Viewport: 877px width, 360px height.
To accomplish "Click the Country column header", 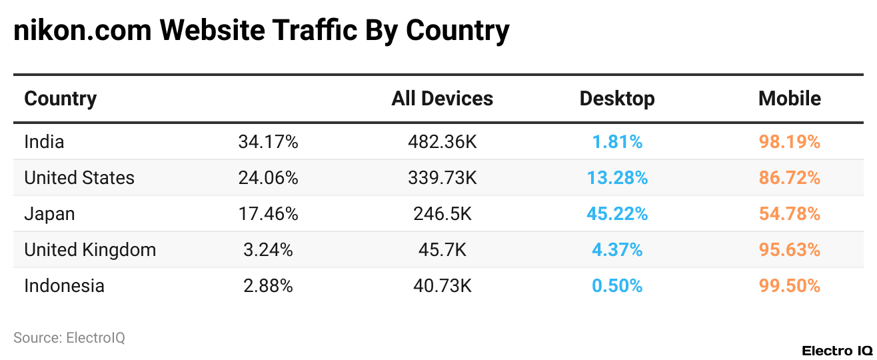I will coord(61,99).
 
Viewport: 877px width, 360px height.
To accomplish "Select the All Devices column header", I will coord(442,99).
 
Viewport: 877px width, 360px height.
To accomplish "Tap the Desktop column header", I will coord(616,99).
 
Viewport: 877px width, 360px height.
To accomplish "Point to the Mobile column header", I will coord(789,99).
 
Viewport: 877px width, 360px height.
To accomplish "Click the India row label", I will coord(44,142).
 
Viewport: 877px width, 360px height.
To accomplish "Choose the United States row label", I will coord(79,178).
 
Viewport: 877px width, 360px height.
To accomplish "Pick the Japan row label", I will coord(49,214).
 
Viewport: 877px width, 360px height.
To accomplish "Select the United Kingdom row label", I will coord(90,250).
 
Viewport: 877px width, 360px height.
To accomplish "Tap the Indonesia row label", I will coord(64,286).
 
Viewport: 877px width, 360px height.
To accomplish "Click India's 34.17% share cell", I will coord(268,142).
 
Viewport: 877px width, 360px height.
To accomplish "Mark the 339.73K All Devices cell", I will coord(442,178).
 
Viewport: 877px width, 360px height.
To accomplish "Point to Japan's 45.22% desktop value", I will coord(616,214).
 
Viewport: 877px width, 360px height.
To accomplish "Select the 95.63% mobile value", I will coord(789,250).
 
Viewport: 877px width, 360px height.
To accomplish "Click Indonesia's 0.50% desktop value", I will coord(616,286).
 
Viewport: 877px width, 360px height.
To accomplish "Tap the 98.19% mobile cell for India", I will coord(789,142).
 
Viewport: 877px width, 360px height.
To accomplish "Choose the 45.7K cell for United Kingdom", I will coord(442,250).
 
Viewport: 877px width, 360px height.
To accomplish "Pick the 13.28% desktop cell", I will coord(616,178).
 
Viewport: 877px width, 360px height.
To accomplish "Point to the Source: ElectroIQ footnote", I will coord(69,338).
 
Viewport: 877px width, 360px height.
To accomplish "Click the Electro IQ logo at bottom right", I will coord(836,351).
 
